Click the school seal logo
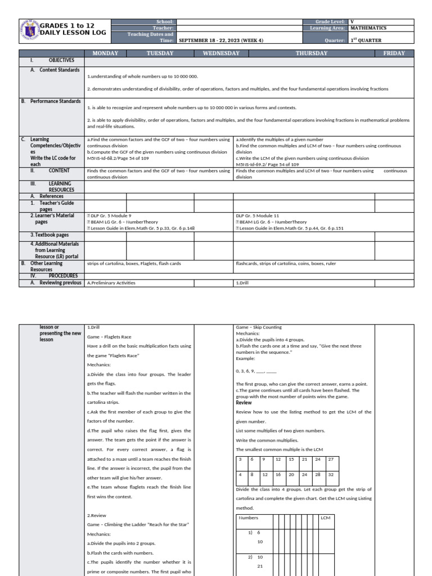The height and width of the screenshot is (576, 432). [29, 31]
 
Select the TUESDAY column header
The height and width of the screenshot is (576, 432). [160, 53]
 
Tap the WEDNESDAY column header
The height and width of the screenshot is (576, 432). [217, 53]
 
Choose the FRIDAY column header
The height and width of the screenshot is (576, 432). [394, 53]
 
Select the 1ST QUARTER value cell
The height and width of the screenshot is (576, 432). [366, 40]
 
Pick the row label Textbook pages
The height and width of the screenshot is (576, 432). [49, 235]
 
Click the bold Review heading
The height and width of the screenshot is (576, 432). [244, 403]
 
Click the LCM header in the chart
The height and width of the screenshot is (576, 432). [325, 517]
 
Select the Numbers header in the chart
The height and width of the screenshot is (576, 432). [249, 517]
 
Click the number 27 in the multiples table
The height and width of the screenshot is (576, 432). [331, 460]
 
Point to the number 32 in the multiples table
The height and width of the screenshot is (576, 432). [331, 475]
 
